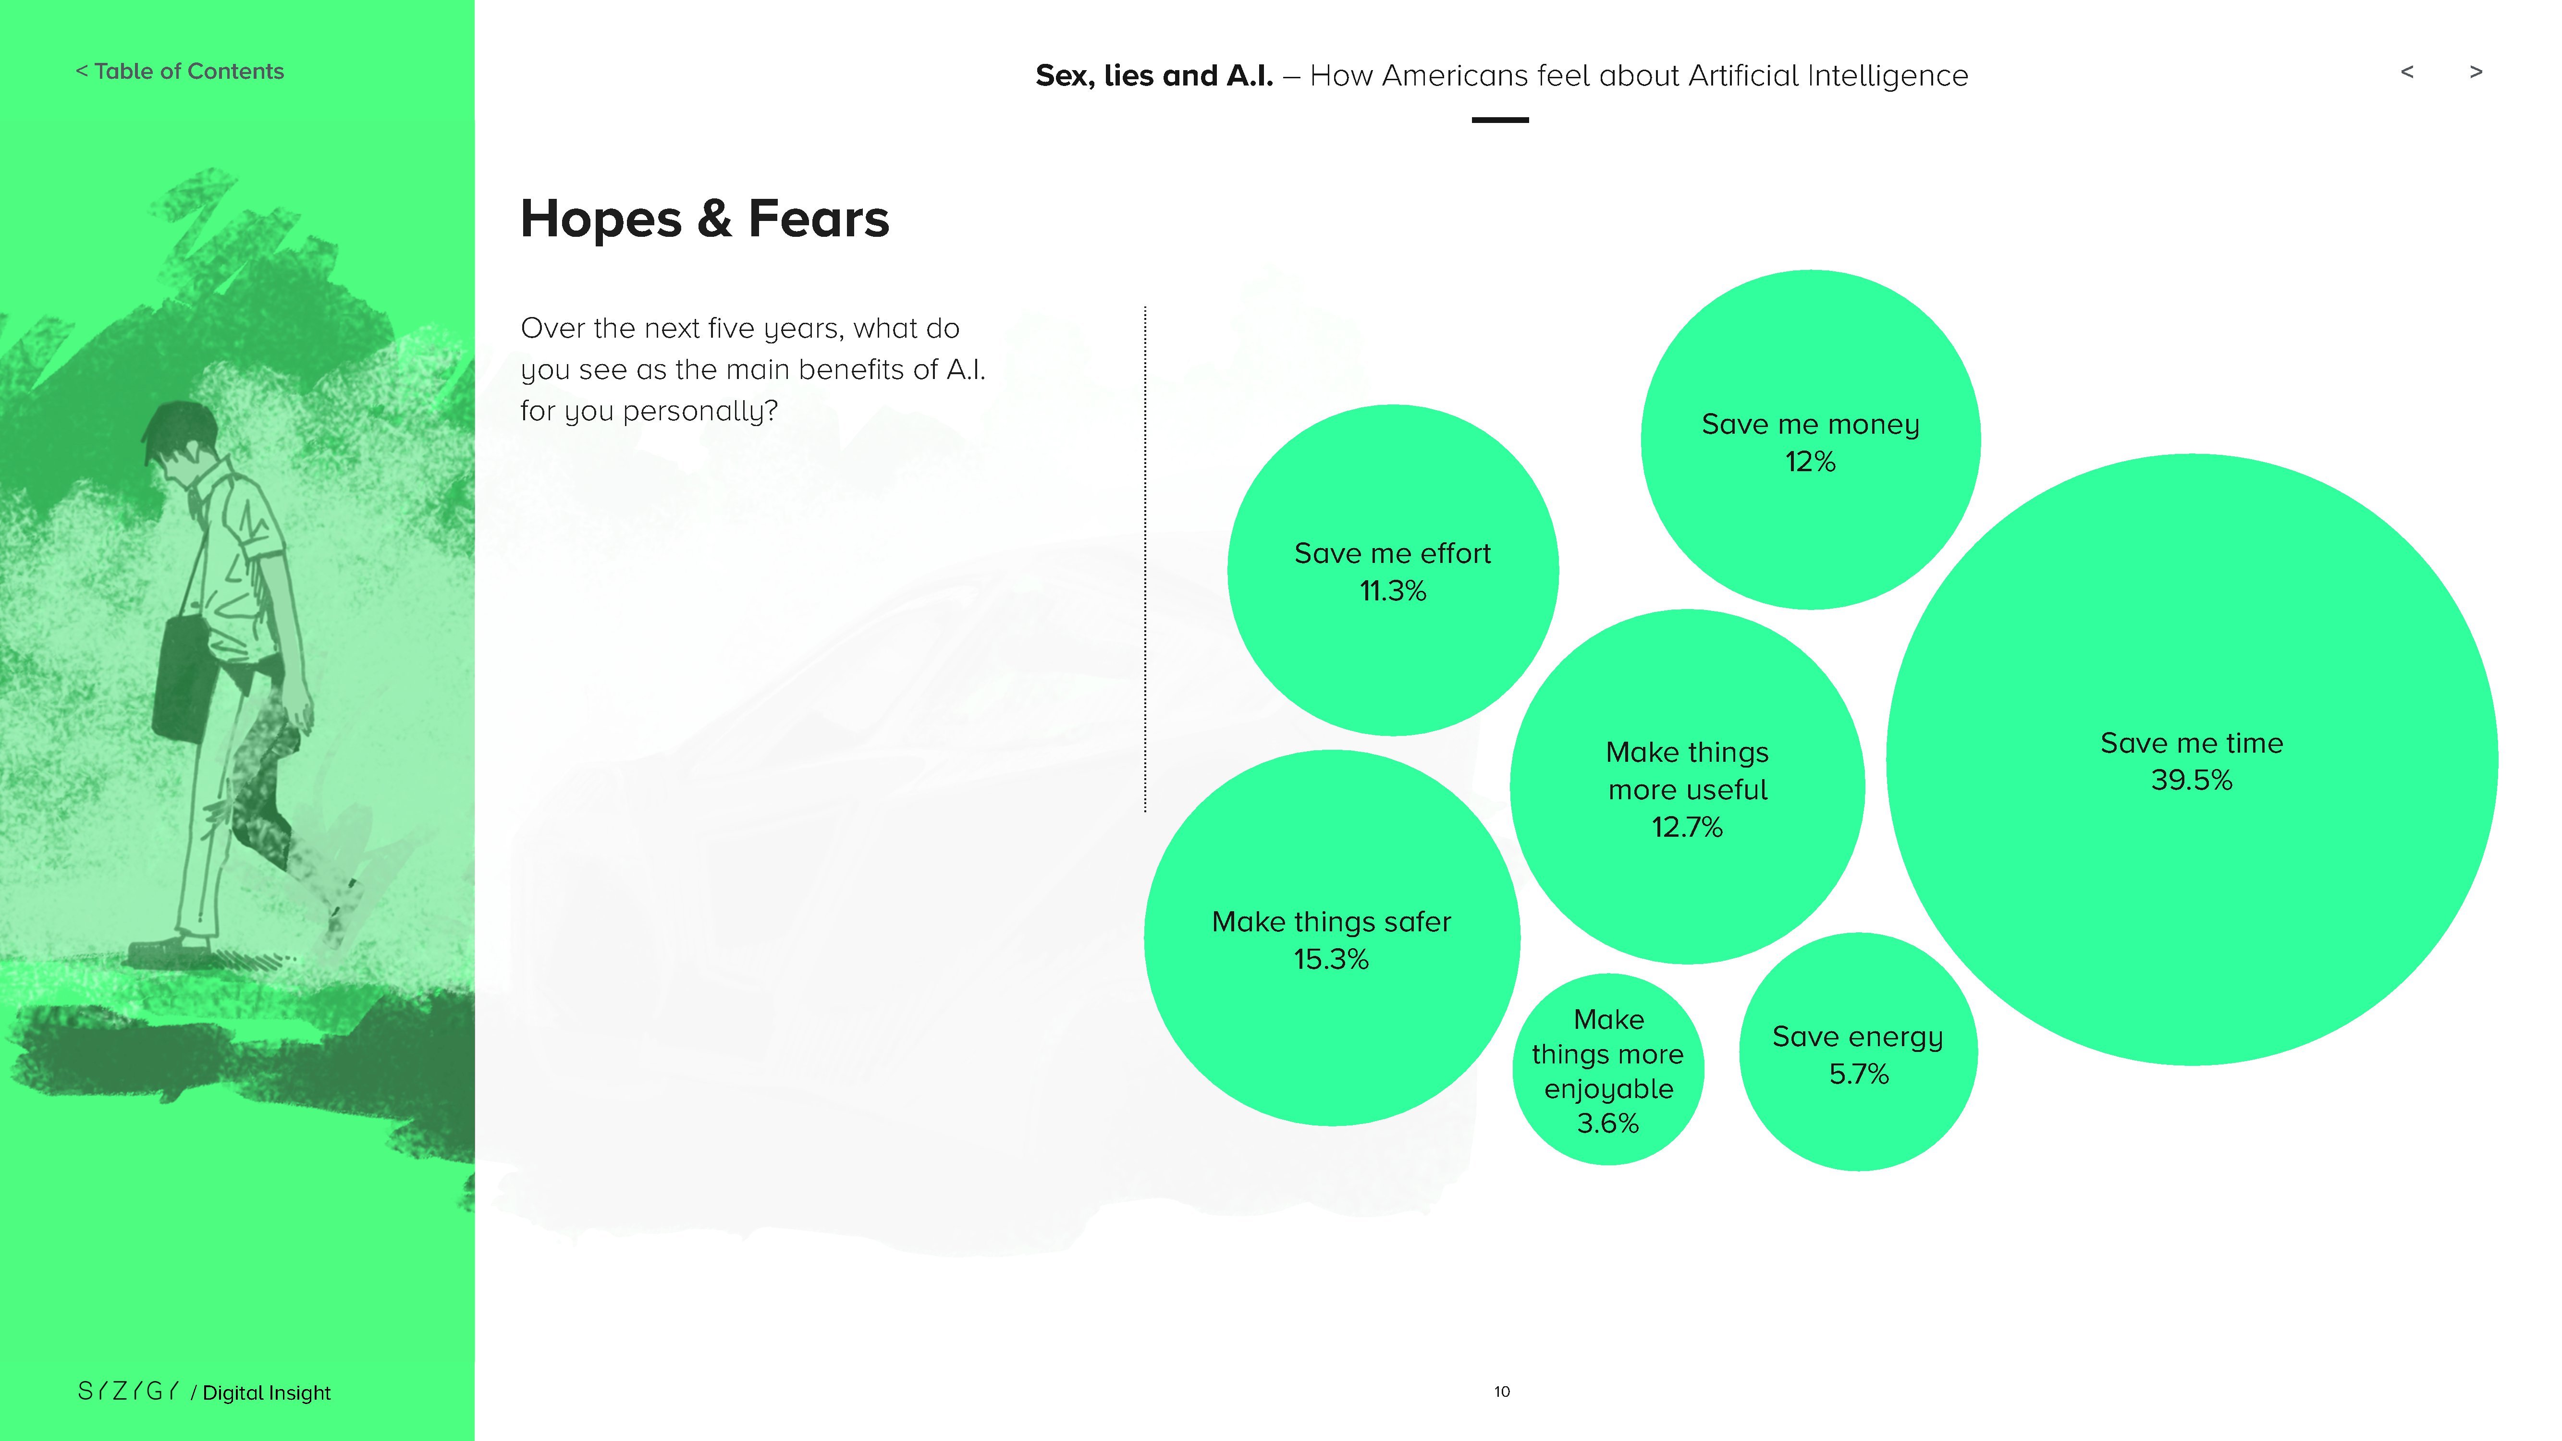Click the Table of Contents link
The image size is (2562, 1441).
pyautogui.click(x=180, y=72)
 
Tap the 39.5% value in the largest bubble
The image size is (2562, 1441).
pyautogui.click(x=2191, y=781)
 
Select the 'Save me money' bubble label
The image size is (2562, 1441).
pyautogui.click(x=1810, y=425)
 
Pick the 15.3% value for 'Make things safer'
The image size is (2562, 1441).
pyautogui.click(x=1331, y=960)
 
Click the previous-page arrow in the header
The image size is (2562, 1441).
pyautogui.click(x=2407, y=72)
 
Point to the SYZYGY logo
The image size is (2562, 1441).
pyautogui.click(x=128, y=1391)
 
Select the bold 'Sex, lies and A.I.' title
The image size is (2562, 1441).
pyautogui.click(x=1154, y=75)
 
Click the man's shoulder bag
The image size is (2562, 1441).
pyautogui.click(x=185, y=677)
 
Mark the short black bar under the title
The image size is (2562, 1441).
pyautogui.click(x=1500, y=121)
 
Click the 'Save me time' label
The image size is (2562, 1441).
pyautogui.click(x=2191, y=743)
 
